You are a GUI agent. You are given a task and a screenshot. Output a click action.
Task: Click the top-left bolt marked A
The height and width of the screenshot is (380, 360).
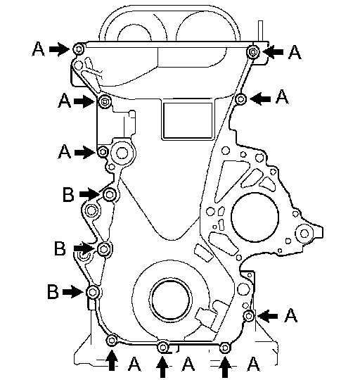coord(79,49)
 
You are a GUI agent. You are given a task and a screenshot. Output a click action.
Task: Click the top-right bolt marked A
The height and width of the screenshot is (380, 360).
coord(253,52)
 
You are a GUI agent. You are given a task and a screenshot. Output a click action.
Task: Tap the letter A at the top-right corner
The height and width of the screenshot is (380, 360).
coord(295,53)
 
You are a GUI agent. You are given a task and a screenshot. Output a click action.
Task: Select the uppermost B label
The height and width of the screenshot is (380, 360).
coord(68,194)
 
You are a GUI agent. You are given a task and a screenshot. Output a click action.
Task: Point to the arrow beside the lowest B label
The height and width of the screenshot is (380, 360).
coord(72,291)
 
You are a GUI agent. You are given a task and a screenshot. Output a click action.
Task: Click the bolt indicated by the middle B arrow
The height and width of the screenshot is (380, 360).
coord(104,248)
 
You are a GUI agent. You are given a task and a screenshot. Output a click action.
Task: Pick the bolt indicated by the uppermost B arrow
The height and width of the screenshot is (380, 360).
coord(110,195)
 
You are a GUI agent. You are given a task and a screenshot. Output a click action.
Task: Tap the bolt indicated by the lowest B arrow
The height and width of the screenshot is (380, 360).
coord(93,292)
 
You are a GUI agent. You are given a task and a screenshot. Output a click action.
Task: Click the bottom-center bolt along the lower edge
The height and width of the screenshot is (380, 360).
coord(162,348)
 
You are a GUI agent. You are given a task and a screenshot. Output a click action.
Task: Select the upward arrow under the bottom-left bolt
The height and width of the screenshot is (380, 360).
coord(112,360)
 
